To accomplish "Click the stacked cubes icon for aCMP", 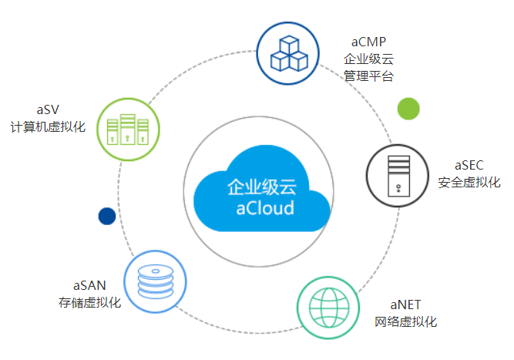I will pos(288,52).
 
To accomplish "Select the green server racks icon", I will pos(127,129).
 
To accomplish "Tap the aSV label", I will pos(47,109).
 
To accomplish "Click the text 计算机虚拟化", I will pos(47,126).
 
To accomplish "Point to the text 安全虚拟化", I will pos(469,183).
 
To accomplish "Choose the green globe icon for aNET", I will pos(329,308).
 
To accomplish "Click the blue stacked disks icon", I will pos(156,281).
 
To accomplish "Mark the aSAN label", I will pos(89,284).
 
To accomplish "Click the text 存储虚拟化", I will pos(89,302).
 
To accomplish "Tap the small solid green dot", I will pos(408,109).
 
